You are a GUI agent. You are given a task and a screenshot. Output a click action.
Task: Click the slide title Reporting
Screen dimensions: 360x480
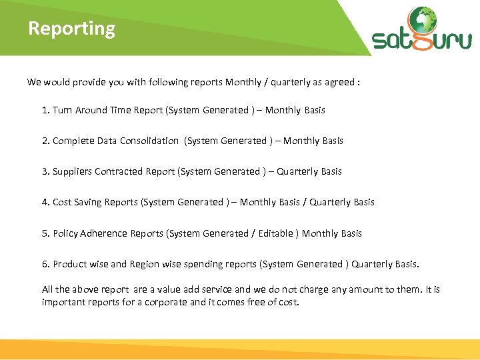(x=71, y=29)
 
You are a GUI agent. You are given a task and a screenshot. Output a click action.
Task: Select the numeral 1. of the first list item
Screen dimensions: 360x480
(x=45, y=110)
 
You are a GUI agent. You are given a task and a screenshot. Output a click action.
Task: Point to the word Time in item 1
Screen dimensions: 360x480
(x=120, y=110)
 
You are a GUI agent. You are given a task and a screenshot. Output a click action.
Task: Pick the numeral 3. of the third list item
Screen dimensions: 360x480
(x=45, y=171)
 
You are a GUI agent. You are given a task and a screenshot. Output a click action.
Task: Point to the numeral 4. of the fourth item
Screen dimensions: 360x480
(x=45, y=202)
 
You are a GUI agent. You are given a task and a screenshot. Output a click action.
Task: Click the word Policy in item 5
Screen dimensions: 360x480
(x=65, y=233)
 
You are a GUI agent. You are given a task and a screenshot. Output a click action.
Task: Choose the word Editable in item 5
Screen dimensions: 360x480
(x=275, y=233)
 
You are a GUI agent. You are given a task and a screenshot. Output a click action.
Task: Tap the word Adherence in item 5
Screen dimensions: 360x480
(x=104, y=233)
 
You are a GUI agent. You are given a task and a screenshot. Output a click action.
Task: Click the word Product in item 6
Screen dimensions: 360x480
(x=69, y=264)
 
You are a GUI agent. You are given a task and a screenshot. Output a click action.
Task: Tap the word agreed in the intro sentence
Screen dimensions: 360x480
(x=340, y=82)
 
